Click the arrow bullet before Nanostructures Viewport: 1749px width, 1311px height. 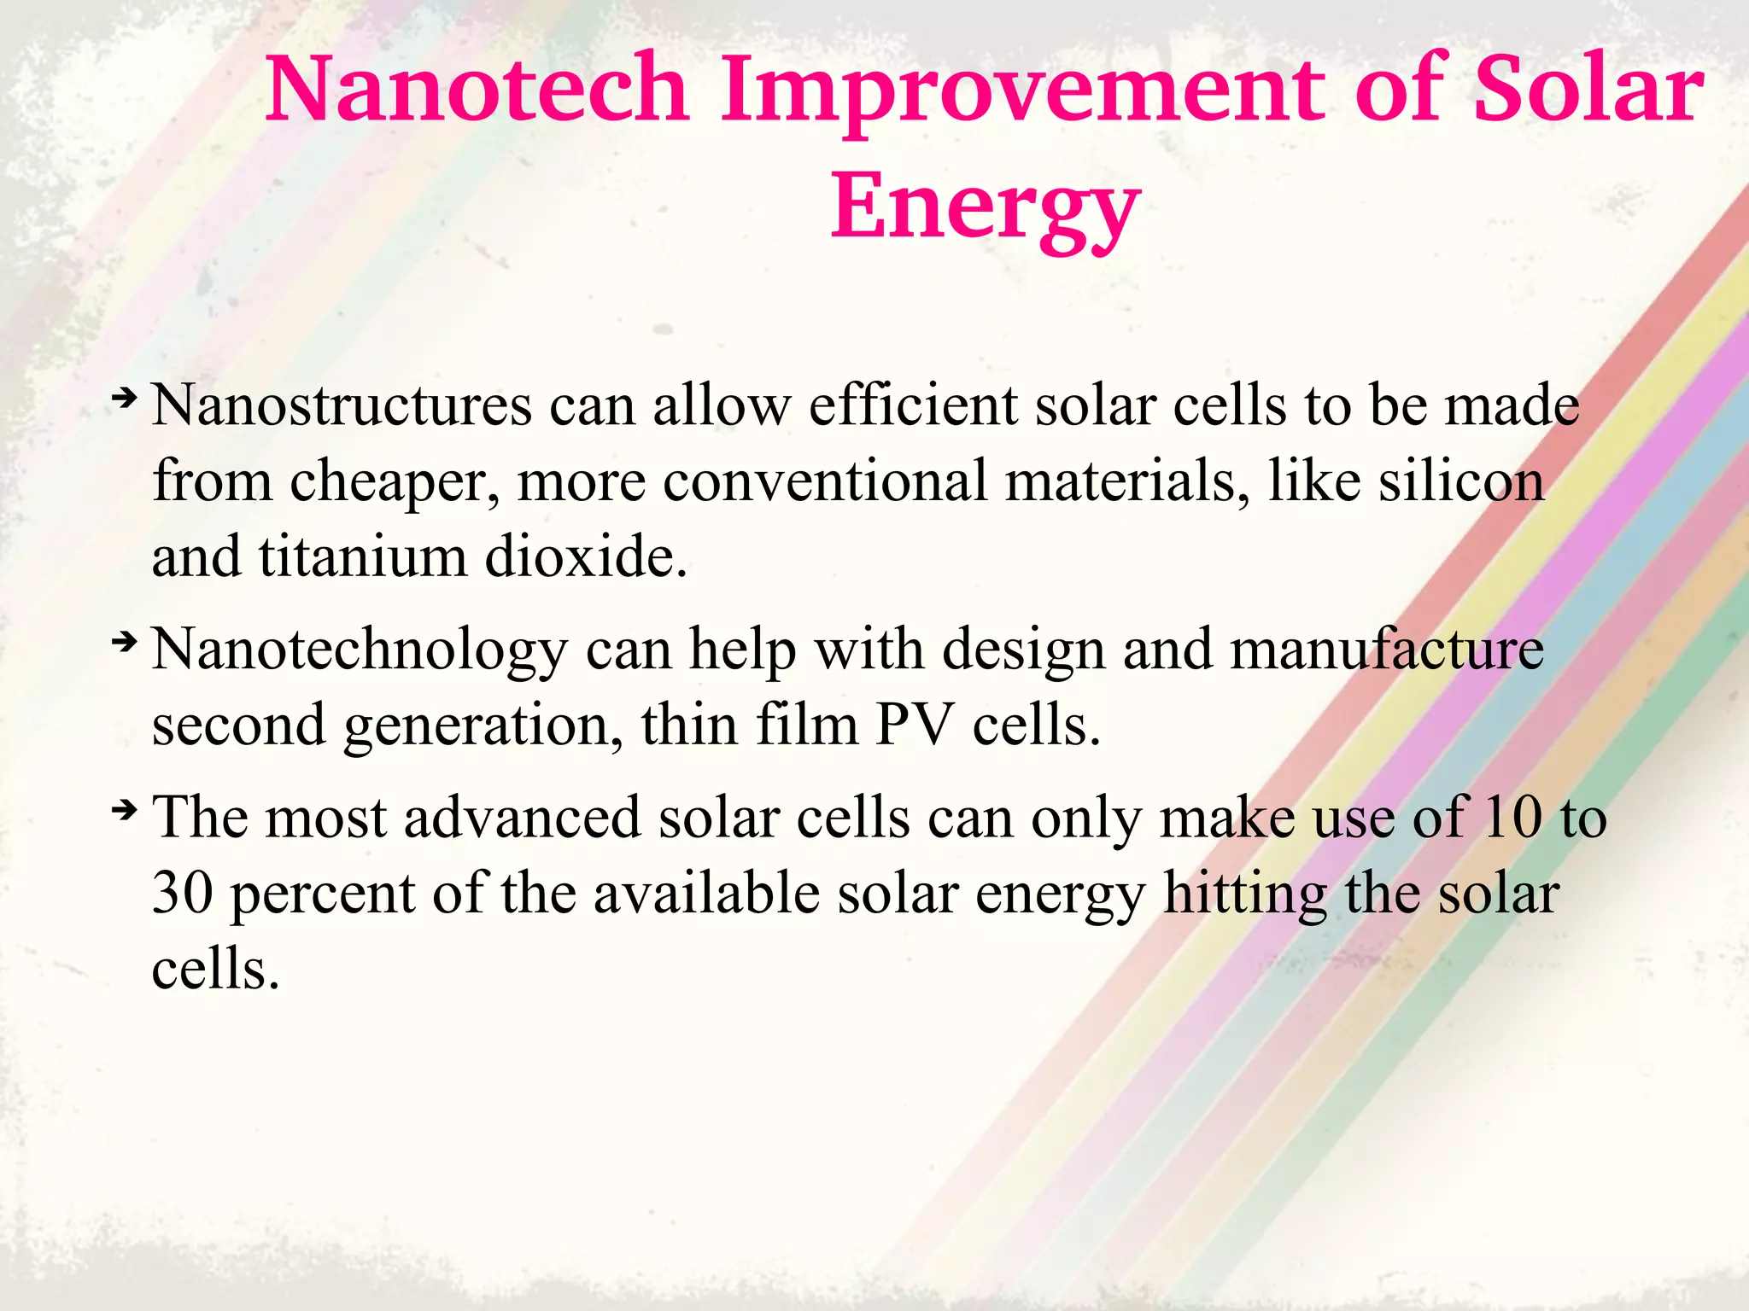tap(125, 397)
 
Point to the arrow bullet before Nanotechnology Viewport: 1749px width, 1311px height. tap(125, 641)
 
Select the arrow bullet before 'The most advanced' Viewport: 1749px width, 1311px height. tap(125, 808)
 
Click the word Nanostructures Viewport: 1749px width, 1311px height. tap(342, 405)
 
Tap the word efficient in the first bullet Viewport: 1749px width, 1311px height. tap(913, 405)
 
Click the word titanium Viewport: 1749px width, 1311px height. tap(362, 556)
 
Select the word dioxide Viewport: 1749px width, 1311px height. tap(586, 556)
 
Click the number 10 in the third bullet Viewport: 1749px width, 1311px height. tap(1512, 817)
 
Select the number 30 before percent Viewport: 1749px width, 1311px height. tap(182, 894)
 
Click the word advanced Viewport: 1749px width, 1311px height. tap(522, 817)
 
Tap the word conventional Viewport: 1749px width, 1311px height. tap(825, 481)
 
